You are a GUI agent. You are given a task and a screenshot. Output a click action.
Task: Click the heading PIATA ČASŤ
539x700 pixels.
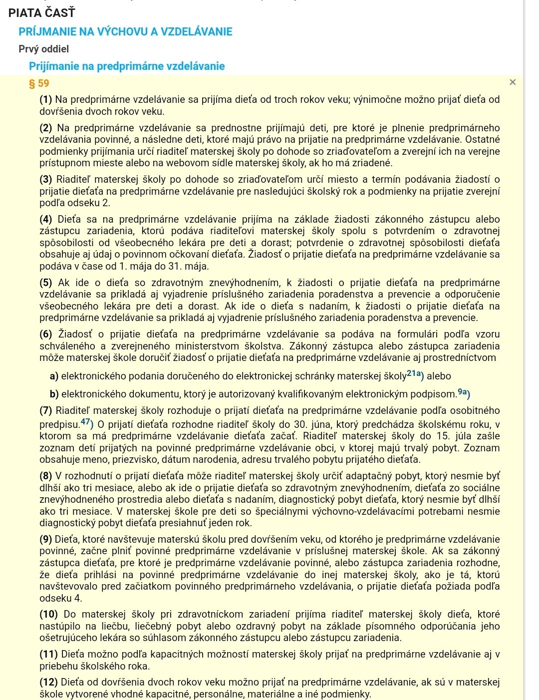[41, 13]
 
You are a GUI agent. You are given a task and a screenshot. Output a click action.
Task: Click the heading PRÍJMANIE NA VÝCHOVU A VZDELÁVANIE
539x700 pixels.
[125, 32]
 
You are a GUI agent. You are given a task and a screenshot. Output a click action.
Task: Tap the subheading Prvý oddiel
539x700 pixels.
[43, 49]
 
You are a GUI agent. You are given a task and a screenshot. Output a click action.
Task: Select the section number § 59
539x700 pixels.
[39, 83]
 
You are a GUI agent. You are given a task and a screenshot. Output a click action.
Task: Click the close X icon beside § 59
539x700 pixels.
[513, 82]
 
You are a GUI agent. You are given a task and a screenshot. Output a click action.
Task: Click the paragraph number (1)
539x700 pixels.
[46, 100]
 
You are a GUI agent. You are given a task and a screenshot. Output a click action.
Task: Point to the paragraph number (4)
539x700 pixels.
[46, 220]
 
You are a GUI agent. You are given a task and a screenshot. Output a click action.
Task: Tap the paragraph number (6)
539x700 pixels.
[46, 335]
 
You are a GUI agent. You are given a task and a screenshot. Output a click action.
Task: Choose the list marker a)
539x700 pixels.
[54, 376]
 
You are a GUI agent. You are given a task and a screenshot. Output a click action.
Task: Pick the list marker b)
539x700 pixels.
[54, 394]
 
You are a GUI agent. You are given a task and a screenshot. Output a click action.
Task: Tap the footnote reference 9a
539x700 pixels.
[464, 392]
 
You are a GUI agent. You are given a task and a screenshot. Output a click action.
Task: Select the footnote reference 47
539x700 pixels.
[86, 422]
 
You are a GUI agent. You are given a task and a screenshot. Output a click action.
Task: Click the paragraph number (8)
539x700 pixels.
[46, 476]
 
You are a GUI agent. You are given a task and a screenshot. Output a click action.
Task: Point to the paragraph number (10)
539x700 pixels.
[48, 615]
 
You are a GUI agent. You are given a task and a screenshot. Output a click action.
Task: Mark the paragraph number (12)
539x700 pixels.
[48, 683]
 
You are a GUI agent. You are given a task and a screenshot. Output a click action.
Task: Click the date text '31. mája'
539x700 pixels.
[190, 267]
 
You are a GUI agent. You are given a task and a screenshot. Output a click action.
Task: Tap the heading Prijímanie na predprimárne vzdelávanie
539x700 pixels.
[127, 66]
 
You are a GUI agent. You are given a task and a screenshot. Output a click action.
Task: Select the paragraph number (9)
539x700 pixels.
[46, 540]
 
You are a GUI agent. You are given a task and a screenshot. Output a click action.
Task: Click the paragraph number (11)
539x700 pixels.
[48, 655]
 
